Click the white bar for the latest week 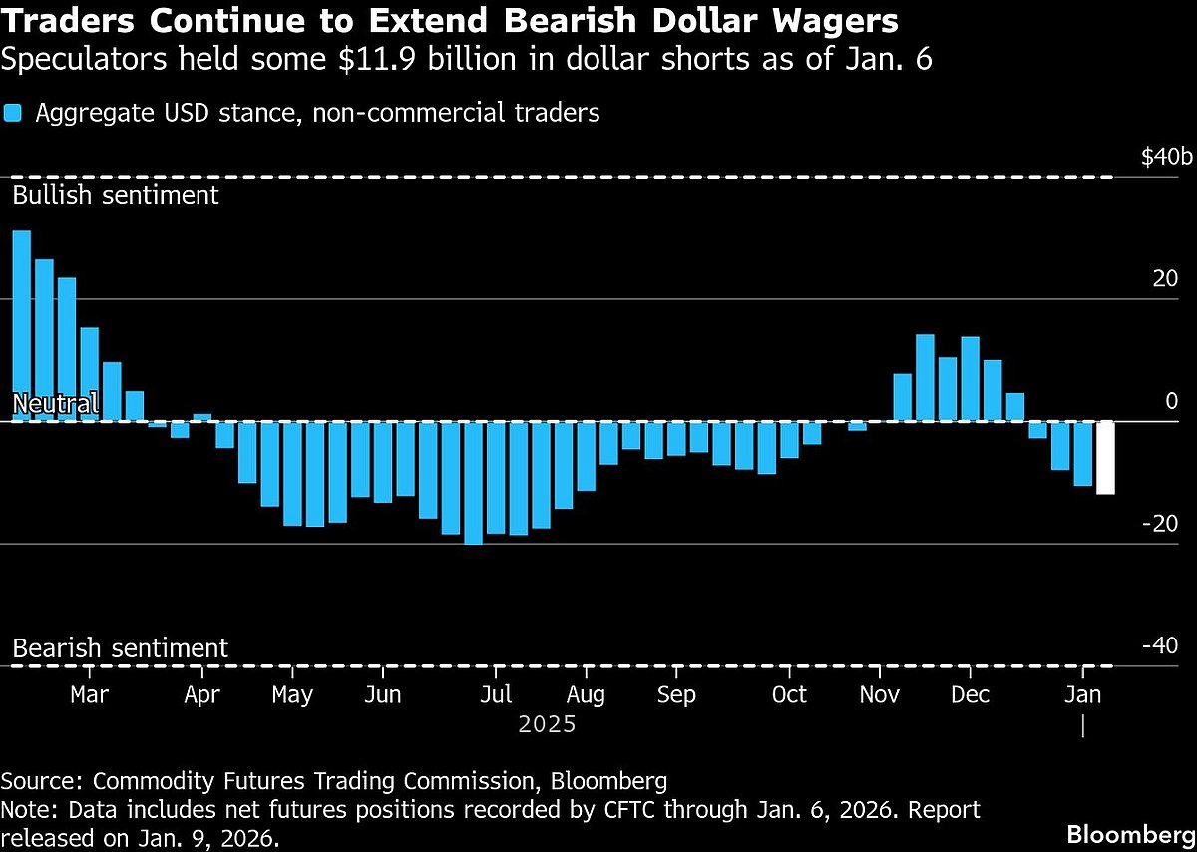click(x=1105, y=457)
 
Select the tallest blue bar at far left click(x=21, y=325)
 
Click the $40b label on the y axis click(x=1166, y=158)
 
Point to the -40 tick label click(x=1159, y=645)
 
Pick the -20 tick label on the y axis click(x=1159, y=524)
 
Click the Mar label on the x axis click(x=90, y=694)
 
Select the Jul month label click(x=496, y=694)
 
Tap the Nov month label click(x=878, y=694)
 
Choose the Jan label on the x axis click(x=1083, y=694)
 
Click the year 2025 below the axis click(x=547, y=723)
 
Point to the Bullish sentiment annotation click(x=116, y=194)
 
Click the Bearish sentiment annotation click(x=120, y=647)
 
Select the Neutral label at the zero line click(x=55, y=404)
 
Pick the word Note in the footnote click(x=24, y=809)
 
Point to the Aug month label click(x=586, y=694)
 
